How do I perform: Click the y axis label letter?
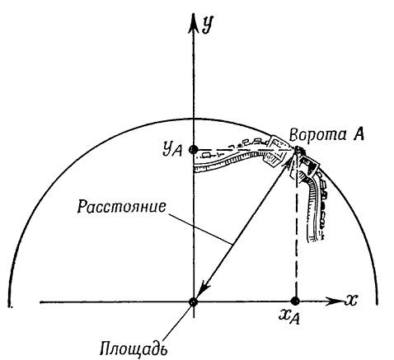[208, 25]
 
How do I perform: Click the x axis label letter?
[350, 300]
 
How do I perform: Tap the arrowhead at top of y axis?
[194, 23]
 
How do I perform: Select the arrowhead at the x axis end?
[335, 302]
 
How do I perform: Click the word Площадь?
[134, 348]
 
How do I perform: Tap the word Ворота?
[318, 134]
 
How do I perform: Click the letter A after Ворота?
[359, 134]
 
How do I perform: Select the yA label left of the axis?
[172, 150]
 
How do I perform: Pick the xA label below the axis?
[289, 317]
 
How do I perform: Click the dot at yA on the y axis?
[194, 150]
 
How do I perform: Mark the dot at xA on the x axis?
[295, 302]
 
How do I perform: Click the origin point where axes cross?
[194, 302]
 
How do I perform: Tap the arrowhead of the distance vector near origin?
[204, 289]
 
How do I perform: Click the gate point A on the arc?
[296, 150]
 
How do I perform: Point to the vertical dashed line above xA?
[296, 225]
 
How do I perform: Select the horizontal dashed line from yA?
[245, 150]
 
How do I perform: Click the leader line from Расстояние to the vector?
[199, 227]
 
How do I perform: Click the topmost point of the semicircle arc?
[194, 119]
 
